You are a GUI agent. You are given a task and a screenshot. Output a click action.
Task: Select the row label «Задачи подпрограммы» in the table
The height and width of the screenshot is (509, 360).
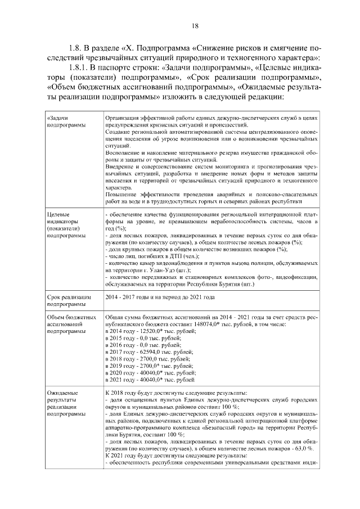[63, 121]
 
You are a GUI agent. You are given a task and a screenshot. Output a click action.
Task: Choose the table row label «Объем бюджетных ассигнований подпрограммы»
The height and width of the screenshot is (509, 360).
[66, 325]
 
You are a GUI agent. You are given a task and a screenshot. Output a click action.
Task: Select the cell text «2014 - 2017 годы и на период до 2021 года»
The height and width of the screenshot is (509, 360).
[160, 296]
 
